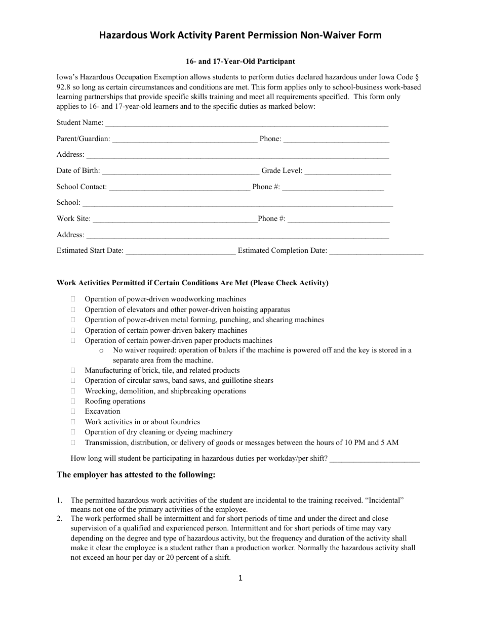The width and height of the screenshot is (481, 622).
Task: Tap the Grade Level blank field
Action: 348,171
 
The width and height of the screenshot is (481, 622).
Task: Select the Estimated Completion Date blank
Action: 376,251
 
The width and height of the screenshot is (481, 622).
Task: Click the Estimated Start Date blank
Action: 180,251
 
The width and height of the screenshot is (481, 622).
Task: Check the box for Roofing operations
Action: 73,401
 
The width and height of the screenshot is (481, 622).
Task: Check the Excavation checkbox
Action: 73,411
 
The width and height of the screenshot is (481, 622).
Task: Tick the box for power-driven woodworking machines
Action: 73,299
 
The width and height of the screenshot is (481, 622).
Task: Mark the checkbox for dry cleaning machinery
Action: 73,432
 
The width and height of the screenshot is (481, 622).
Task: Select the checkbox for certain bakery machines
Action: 73,330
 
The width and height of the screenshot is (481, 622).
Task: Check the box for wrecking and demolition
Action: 73,391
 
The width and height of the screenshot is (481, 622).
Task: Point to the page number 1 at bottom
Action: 240,578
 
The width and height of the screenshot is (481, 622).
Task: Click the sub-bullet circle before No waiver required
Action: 102,350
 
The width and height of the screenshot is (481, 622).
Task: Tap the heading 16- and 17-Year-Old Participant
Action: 240,61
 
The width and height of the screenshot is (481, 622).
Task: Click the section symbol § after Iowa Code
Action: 417,77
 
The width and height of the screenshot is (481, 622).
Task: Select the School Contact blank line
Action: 179,188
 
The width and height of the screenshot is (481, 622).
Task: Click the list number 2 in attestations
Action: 59,518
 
